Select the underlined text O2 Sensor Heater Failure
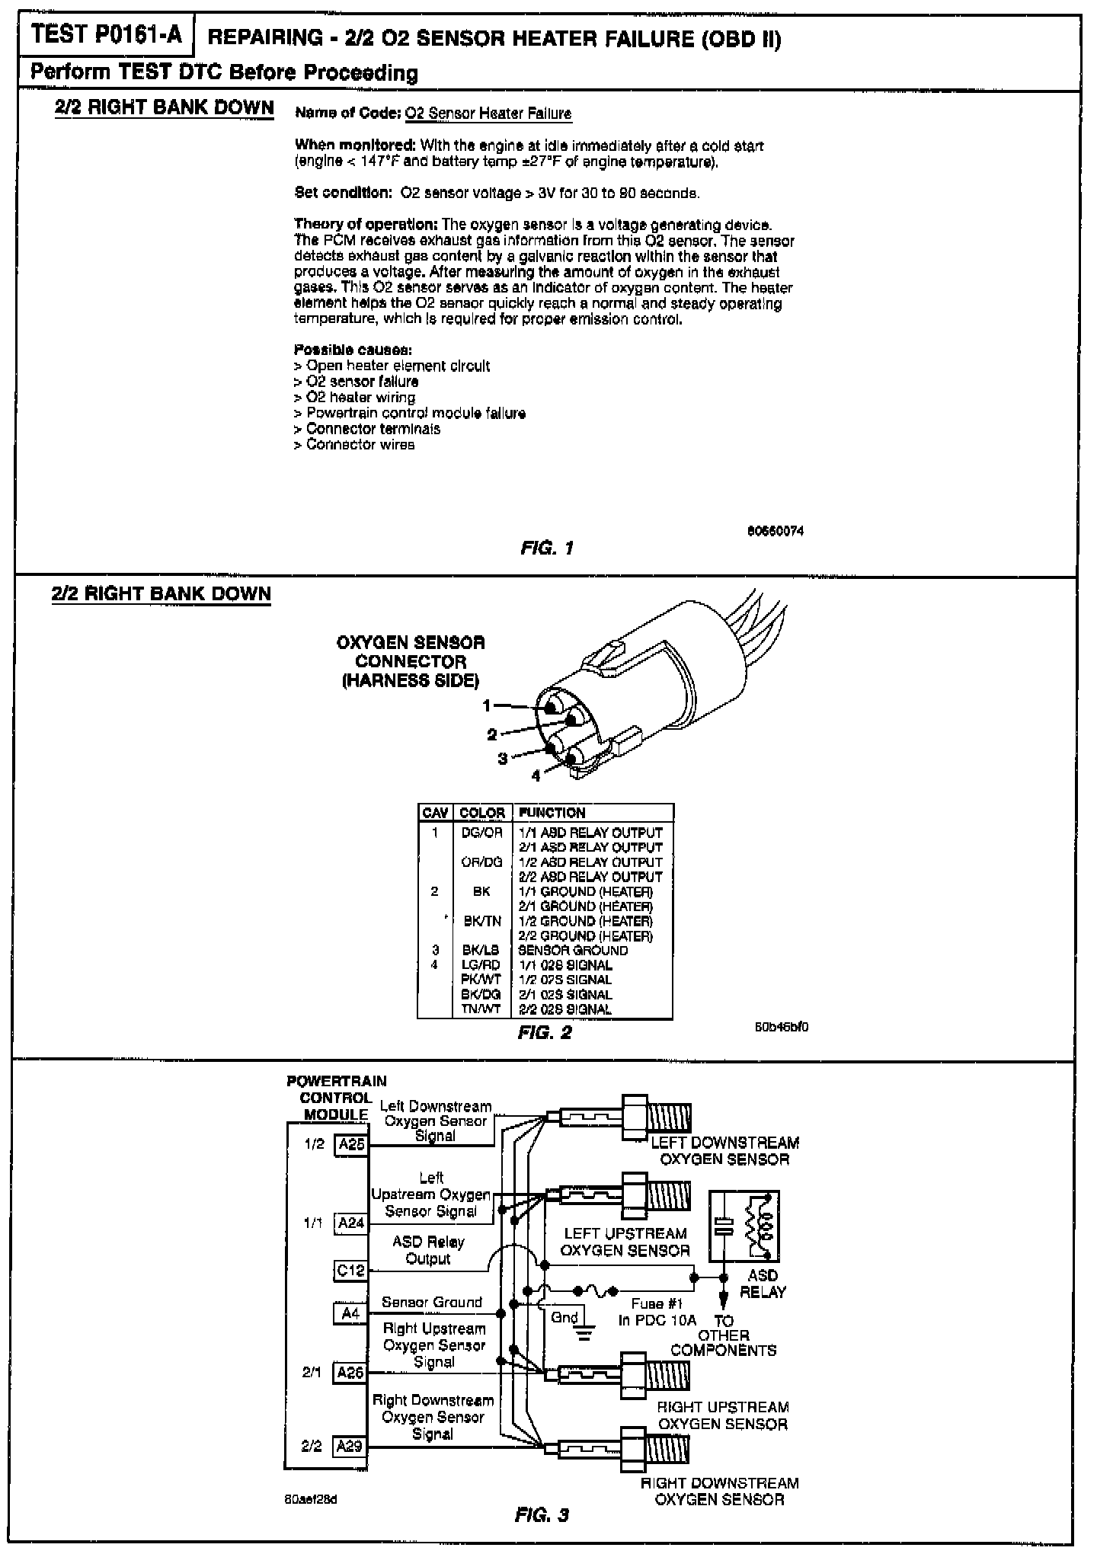point(488,114)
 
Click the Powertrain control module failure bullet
point(415,414)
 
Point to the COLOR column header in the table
point(482,813)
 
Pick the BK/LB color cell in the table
point(481,951)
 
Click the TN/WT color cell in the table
point(481,1009)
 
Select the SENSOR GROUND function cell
point(573,951)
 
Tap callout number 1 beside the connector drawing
point(488,706)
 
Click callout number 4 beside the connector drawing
point(536,775)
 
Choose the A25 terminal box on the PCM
point(351,1145)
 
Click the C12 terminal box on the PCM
point(351,1271)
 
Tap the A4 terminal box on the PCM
point(350,1314)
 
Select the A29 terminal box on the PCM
point(350,1446)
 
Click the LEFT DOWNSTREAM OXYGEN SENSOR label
point(724,1151)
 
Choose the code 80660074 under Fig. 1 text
point(775,531)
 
